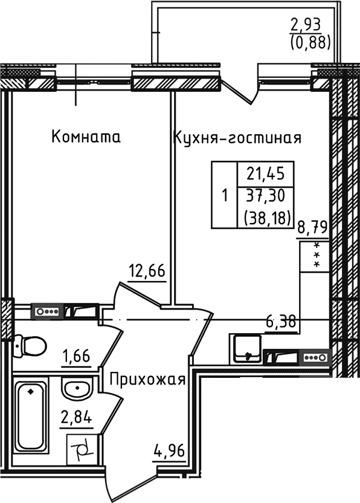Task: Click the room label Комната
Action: (x=86, y=137)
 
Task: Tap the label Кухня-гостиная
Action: (x=237, y=138)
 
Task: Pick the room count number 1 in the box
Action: (x=225, y=196)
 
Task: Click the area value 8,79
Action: (x=312, y=227)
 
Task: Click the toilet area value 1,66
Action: (x=77, y=355)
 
